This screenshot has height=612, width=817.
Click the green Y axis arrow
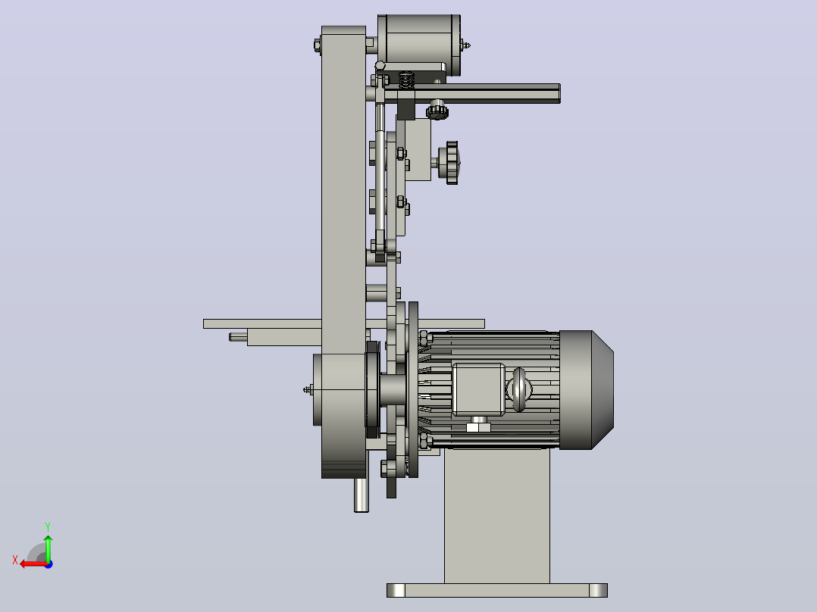tap(48, 548)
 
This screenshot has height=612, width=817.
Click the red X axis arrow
tap(34, 564)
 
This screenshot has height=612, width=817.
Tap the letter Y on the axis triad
tap(48, 527)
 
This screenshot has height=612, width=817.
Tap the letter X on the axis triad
tap(15, 560)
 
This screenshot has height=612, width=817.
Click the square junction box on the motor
tap(478, 389)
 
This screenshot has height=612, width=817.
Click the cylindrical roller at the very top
tap(419, 45)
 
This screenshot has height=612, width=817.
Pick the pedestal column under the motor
tap(496, 516)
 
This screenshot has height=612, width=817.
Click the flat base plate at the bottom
tap(496, 590)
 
